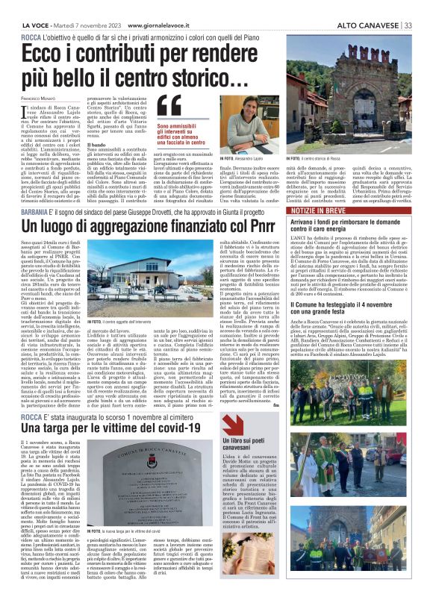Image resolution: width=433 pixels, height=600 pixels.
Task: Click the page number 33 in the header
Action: pyautogui.click(x=408, y=5)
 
